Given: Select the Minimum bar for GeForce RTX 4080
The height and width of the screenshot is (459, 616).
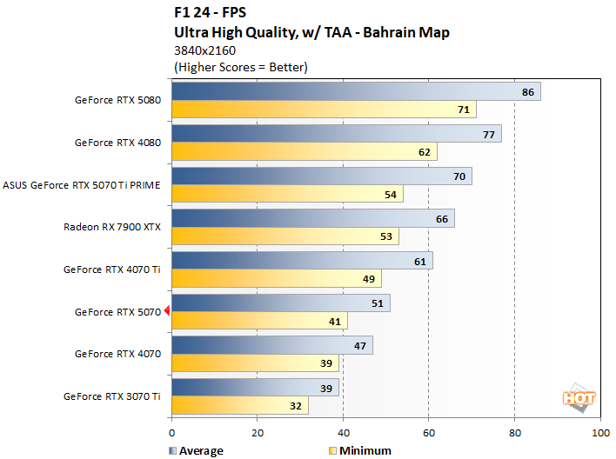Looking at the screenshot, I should pos(305,152).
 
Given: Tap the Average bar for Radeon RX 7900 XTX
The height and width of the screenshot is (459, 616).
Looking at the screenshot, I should pos(313,218).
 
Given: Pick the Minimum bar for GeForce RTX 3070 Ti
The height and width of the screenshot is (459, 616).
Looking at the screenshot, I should pos(240,405).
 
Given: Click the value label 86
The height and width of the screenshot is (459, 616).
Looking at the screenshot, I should pos(528,92).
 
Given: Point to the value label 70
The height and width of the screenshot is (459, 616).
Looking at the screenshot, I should pos(459,176).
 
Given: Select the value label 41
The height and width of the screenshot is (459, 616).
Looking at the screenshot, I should pos(336,322).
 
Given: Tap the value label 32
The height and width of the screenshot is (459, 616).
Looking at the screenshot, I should pos(297,406).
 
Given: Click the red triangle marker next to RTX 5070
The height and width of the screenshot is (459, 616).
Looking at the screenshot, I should pos(167,312).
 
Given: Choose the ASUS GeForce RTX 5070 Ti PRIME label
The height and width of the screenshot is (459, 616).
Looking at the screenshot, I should pos(82,184).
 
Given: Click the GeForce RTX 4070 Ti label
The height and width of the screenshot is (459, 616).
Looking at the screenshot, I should pos(111,269).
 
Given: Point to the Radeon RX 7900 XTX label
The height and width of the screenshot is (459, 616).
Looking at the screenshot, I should pos(111,227).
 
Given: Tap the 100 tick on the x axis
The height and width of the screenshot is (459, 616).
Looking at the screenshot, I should pos(599,432).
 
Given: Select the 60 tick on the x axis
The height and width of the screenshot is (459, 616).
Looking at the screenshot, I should pos(429,432).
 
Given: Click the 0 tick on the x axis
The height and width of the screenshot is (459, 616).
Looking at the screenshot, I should pos(172,432).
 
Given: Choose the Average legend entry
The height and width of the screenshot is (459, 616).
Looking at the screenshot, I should pos(194,450).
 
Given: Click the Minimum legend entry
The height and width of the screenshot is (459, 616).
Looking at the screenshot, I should pos(358,450).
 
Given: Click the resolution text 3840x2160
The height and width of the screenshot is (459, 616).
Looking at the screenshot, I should pos(205,50).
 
